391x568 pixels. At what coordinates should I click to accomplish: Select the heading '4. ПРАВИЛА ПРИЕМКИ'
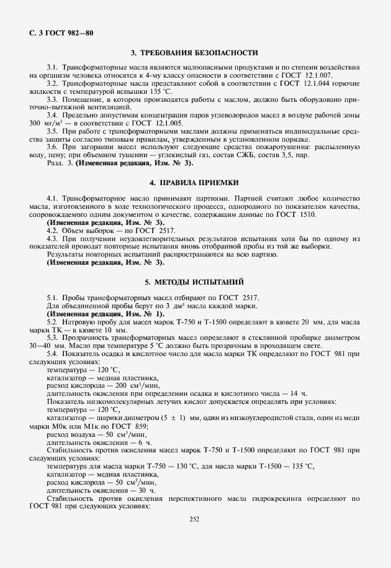[x=194, y=183]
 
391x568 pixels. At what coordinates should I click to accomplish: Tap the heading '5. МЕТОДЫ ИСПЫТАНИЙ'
[x=194, y=282]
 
